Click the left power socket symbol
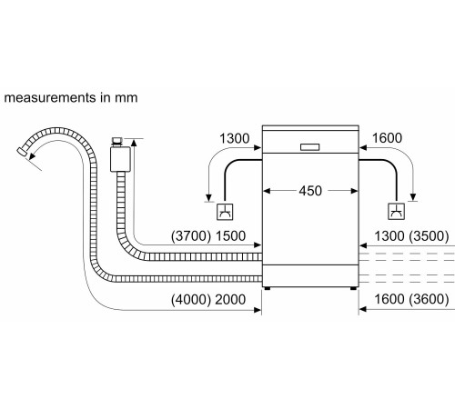point(224,213)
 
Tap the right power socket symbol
point(397,213)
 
